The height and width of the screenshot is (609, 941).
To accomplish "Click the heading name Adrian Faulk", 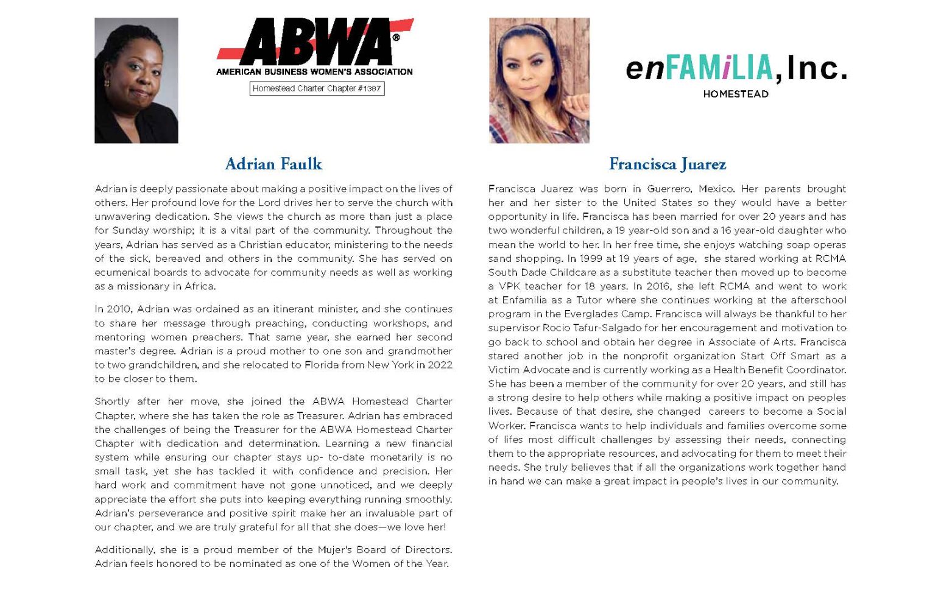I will coord(273,164).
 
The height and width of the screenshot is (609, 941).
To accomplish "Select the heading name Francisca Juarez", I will coord(667,164).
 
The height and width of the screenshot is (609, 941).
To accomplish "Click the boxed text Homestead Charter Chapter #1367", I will coord(317,89).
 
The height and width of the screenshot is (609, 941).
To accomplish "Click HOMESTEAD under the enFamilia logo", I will coord(736,94).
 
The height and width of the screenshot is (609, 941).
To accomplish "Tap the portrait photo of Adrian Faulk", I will coord(136,80).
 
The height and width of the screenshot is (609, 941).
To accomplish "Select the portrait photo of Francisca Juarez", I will coord(539,80).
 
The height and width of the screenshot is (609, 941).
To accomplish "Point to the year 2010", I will coord(119,309).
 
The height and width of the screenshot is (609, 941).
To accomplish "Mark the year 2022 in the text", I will coord(439,365).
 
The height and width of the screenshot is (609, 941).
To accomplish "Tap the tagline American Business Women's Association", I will coord(314,72).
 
